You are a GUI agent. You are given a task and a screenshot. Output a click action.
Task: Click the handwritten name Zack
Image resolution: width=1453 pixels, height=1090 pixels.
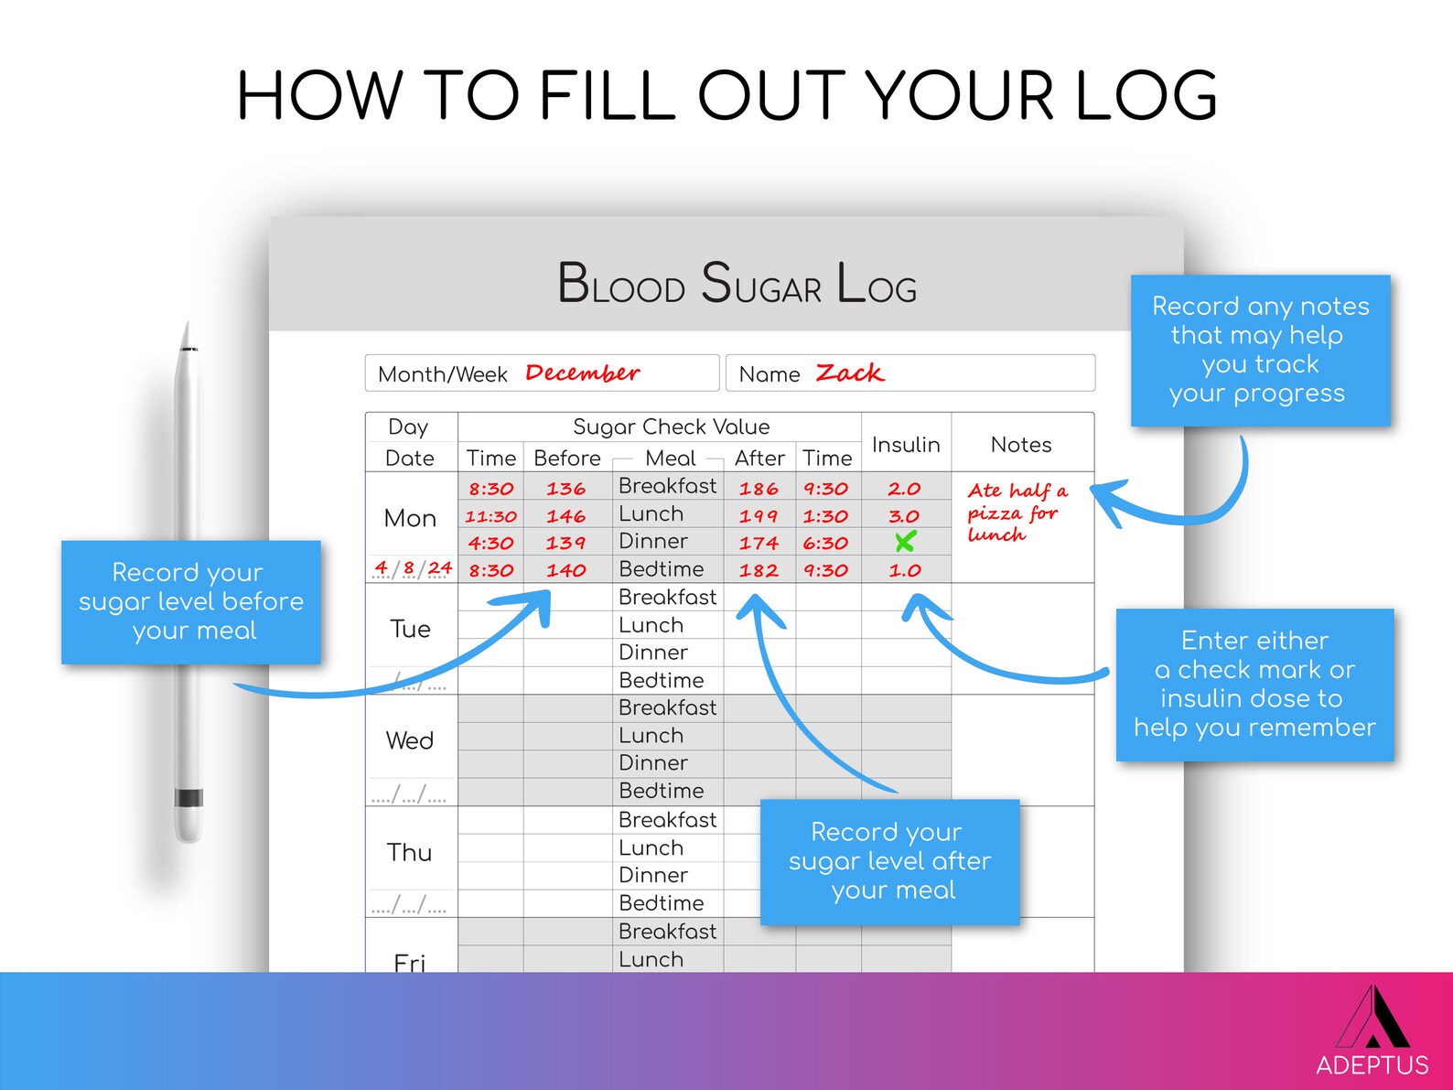[849, 373]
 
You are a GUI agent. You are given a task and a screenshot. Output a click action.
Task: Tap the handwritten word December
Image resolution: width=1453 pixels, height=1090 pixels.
[582, 373]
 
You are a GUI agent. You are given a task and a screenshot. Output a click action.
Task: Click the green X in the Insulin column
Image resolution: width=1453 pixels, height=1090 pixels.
[905, 542]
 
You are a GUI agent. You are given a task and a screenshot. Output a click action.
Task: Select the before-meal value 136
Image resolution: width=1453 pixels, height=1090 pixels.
[565, 489]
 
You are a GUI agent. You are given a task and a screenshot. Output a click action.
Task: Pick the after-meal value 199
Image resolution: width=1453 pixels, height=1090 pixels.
[759, 516]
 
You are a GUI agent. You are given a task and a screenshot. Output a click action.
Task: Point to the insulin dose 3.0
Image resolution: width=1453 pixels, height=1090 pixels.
[904, 516]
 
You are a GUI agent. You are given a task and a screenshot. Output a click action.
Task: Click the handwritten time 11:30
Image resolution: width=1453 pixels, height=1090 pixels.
[490, 516]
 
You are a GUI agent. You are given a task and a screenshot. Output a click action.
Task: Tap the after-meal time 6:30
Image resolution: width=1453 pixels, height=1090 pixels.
[825, 543]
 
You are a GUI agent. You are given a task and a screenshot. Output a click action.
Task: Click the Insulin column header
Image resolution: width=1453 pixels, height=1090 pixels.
[906, 445]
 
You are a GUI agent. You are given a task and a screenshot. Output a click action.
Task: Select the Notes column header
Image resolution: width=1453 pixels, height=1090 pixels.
[1021, 445]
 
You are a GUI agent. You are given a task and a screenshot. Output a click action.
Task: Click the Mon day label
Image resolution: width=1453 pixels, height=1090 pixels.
[410, 518]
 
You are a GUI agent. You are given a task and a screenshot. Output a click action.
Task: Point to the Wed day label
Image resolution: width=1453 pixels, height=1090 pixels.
[410, 740]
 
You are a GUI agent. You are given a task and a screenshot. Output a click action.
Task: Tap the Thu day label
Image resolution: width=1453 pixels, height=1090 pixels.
[409, 852]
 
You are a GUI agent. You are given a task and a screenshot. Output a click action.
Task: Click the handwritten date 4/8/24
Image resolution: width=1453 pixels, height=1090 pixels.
[413, 568]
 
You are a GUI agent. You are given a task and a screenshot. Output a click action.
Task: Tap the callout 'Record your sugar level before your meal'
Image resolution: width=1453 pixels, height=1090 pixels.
[191, 601]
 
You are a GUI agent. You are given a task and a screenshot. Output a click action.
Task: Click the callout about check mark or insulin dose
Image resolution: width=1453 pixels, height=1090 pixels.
[1254, 684]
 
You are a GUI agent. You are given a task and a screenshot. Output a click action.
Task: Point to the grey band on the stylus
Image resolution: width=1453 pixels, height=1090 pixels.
[188, 798]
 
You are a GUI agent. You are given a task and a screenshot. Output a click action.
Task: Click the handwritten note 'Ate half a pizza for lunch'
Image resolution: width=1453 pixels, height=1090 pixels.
[1016, 513]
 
